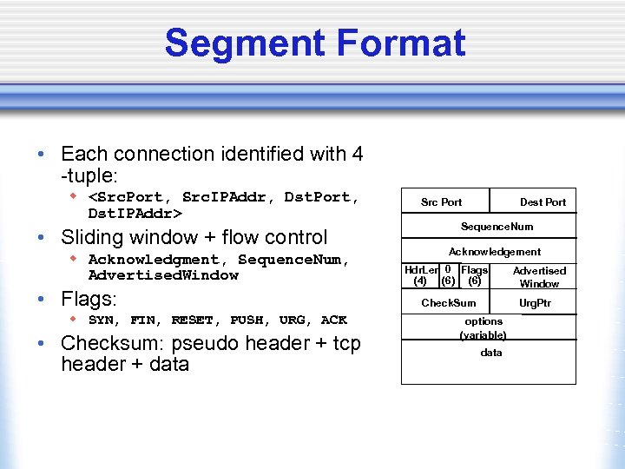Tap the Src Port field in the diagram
(x=441, y=202)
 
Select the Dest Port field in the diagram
(x=543, y=202)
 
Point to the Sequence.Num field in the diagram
(x=497, y=227)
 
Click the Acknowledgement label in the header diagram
(x=494, y=252)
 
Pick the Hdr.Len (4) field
(x=421, y=275)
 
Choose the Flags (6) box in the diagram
(x=475, y=275)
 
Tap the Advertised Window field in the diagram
(x=539, y=277)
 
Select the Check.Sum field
(x=448, y=303)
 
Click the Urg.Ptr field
(x=535, y=303)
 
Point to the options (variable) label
(x=483, y=327)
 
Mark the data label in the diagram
(x=490, y=353)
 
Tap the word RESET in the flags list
(x=192, y=320)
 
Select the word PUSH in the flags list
(x=247, y=320)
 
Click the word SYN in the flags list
(x=103, y=320)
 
